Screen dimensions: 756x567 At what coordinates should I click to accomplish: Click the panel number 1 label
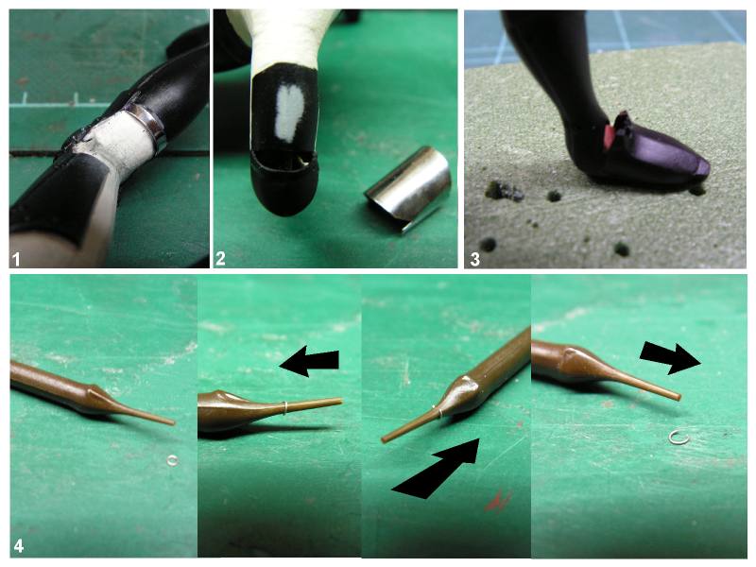click(x=17, y=260)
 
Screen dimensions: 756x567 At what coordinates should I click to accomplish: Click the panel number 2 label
click(x=220, y=259)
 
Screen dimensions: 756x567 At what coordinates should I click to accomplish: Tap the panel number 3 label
click(x=475, y=259)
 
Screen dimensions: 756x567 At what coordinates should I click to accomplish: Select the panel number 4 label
click(x=19, y=547)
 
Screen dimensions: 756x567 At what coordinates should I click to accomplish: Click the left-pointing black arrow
click(x=309, y=360)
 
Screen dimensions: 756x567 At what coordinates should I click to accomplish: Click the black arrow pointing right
click(x=670, y=359)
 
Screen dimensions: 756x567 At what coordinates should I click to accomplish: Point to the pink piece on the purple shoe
click(x=609, y=136)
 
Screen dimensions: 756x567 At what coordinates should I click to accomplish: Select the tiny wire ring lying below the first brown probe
click(x=173, y=460)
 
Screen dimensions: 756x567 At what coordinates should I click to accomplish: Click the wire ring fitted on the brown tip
click(x=285, y=408)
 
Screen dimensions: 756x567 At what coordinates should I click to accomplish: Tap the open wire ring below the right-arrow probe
click(x=678, y=438)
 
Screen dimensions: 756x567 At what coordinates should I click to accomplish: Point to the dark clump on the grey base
click(x=505, y=191)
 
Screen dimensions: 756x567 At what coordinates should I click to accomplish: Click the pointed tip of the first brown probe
click(x=173, y=423)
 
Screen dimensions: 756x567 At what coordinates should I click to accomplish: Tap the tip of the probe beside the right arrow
click(x=679, y=398)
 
